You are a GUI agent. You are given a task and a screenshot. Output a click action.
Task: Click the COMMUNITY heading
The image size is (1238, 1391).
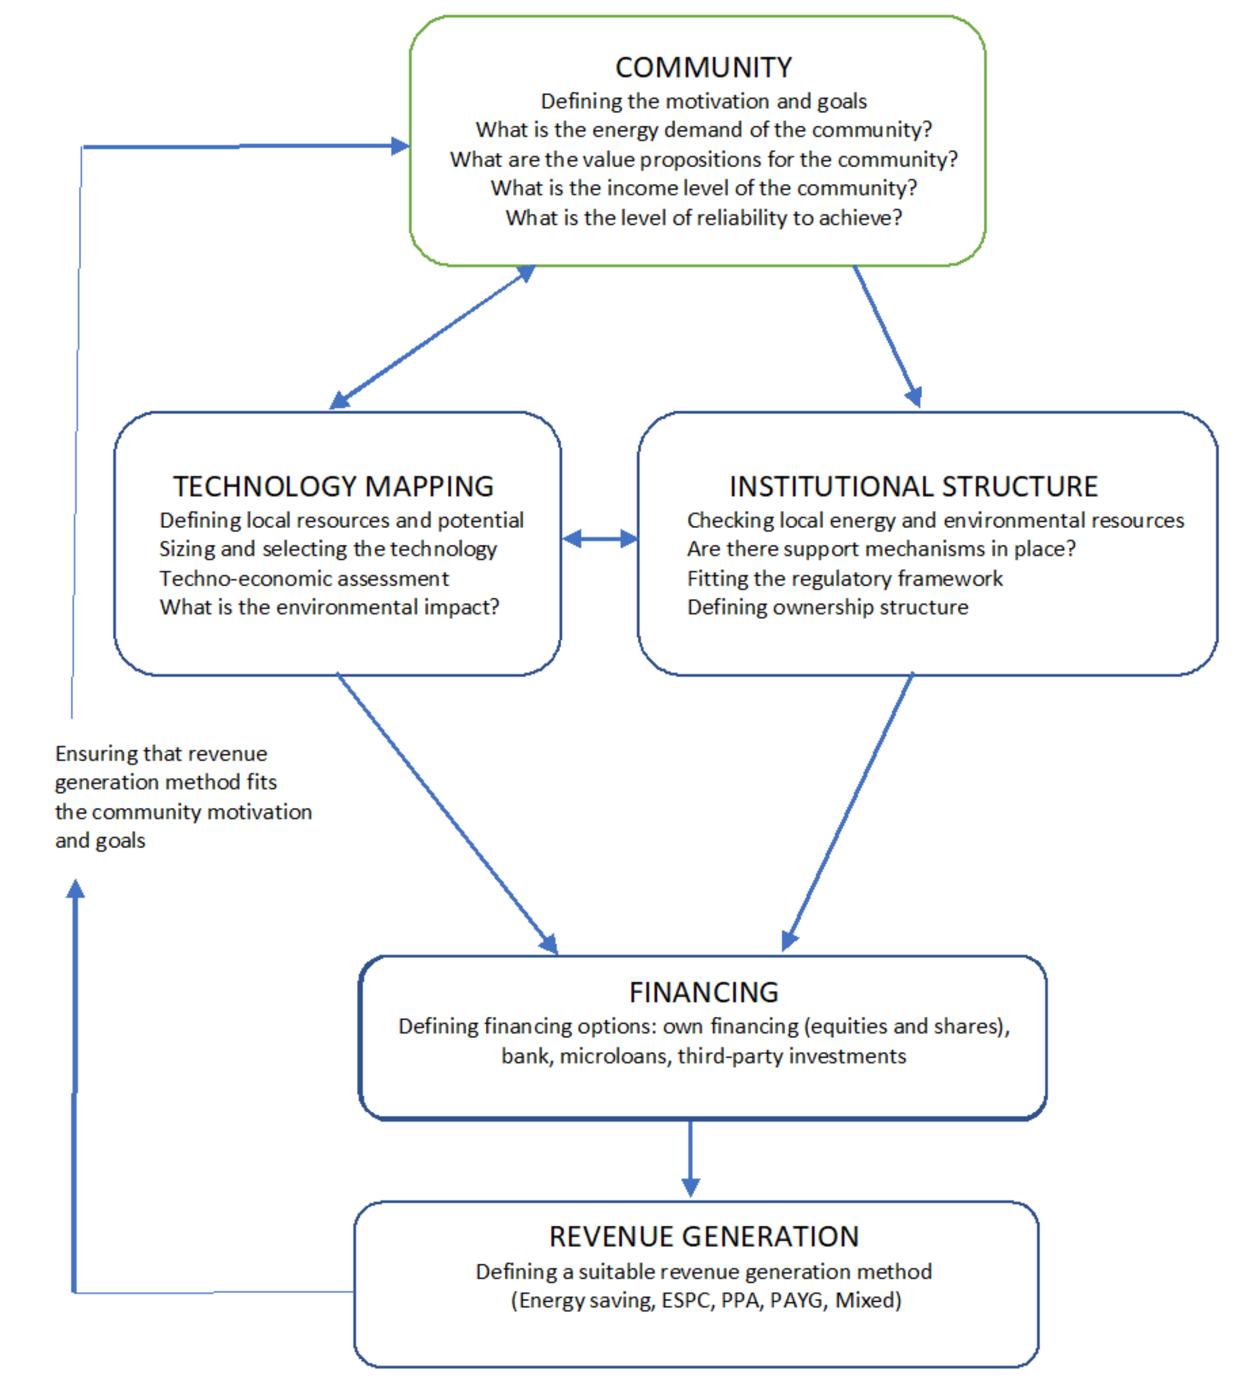703,67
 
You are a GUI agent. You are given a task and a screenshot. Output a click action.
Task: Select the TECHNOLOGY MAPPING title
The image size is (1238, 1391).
333,486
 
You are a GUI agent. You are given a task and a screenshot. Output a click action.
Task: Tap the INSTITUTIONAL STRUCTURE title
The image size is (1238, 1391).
913,486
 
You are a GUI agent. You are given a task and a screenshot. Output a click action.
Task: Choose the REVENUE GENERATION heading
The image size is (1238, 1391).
703,1236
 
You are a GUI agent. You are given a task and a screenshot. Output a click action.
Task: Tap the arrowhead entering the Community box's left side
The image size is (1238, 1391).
400,145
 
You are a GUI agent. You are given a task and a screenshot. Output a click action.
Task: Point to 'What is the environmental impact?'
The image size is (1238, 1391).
329,607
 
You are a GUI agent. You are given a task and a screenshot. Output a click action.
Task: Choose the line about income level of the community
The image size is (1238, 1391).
703,188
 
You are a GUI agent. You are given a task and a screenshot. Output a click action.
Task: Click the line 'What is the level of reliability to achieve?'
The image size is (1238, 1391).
703,218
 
